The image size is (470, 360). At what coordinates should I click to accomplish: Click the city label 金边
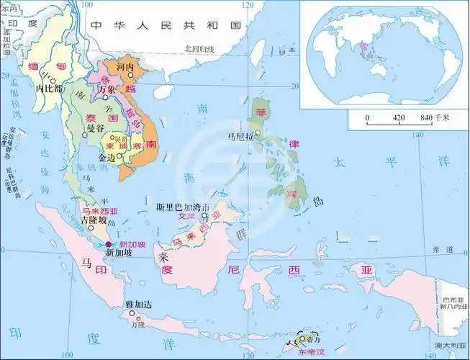pyautogui.click(x=107, y=157)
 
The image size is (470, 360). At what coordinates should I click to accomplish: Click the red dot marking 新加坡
pyautogui.click(x=109, y=245)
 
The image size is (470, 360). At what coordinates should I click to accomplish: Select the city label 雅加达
pyautogui.click(x=135, y=306)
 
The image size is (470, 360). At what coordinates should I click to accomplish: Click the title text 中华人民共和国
pyautogui.click(x=166, y=25)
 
